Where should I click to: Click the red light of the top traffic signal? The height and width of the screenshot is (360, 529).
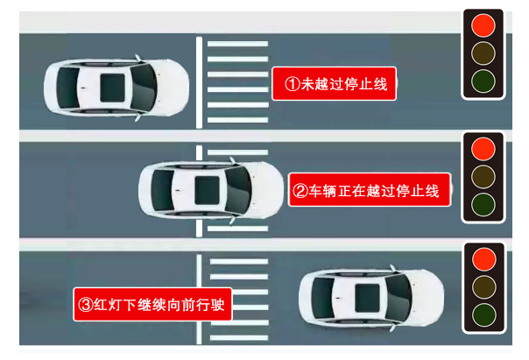coord(483,25)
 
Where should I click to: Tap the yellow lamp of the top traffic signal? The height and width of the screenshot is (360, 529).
coord(483,53)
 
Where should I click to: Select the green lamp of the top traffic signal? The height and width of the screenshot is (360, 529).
coord(483,81)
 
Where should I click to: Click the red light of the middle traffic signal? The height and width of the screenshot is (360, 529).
coord(483,149)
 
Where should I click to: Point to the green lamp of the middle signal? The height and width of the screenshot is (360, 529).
coord(483,204)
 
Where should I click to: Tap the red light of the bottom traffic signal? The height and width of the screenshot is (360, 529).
coord(484,259)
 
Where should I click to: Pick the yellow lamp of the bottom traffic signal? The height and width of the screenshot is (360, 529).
coord(484,287)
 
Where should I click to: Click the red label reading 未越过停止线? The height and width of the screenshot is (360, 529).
coord(334,84)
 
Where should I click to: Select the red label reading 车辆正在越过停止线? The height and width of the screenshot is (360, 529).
coord(370,190)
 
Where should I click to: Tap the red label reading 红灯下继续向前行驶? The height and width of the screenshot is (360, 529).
coord(152,304)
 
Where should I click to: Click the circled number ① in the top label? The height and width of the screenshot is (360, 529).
coord(293,84)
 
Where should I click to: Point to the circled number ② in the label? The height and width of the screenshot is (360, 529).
coord(300,191)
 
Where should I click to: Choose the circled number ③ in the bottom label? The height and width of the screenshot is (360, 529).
coord(86,305)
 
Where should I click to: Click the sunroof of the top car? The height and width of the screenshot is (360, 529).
coord(112,88)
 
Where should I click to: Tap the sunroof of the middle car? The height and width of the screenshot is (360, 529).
coord(208,190)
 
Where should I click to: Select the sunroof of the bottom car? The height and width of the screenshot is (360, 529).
coord(367,298)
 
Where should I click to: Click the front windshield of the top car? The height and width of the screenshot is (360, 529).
coord(144,88)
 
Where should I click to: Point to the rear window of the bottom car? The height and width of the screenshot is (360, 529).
coord(323,298)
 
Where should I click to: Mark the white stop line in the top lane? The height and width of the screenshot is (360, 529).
coord(199,82)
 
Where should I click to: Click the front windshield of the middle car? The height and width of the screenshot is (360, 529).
coord(238,190)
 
